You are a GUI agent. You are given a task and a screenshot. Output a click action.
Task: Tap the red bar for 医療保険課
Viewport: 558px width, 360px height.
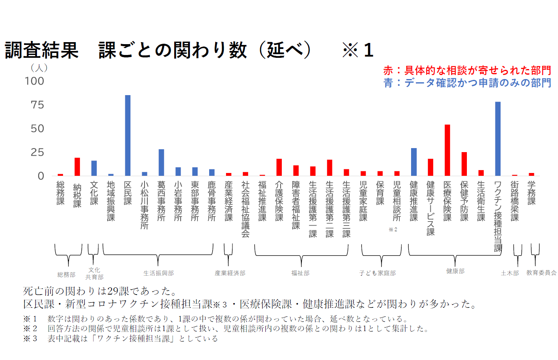pyautogui.click(x=447, y=150)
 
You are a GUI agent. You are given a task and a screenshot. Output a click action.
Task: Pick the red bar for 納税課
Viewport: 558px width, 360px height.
pyautogui.click(x=77, y=167)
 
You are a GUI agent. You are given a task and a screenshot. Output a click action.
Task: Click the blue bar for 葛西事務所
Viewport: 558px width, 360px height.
pyautogui.click(x=161, y=162)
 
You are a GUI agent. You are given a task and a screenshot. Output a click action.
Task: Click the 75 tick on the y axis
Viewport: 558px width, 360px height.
pyautogui.click(x=37, y=105)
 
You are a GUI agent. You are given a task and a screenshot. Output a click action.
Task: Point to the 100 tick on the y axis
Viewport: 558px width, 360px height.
pyautogui.click(x=35, y=81)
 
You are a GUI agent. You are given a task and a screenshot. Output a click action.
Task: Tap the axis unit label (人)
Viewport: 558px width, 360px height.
pyautogui.click(x=39, y=68)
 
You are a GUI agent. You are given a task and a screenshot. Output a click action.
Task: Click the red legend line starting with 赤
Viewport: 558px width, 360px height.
pyautogui.click(x=467, y=71)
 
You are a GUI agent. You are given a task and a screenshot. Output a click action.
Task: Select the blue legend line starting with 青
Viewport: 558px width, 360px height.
pyautogui.click(x=467, y=83)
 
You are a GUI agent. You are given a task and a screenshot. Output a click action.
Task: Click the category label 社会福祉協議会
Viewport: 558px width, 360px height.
pyautogui.click(x=245, y=209)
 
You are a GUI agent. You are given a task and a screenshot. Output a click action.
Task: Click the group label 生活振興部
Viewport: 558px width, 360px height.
pyautogui.click(x=158, y=273)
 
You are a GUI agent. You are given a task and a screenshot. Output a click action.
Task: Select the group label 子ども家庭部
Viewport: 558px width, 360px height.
pyautogui.click(x=377, y=273)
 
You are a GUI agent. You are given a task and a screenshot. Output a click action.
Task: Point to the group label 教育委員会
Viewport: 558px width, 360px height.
pyautogui.click(x=541, y=273)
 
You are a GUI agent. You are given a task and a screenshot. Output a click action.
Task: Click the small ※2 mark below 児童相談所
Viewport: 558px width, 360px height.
pyautogui.click(x=393, y=230)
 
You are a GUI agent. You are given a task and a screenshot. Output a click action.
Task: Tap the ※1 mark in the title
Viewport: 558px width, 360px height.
pyautogui.click(x=358, y=51)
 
